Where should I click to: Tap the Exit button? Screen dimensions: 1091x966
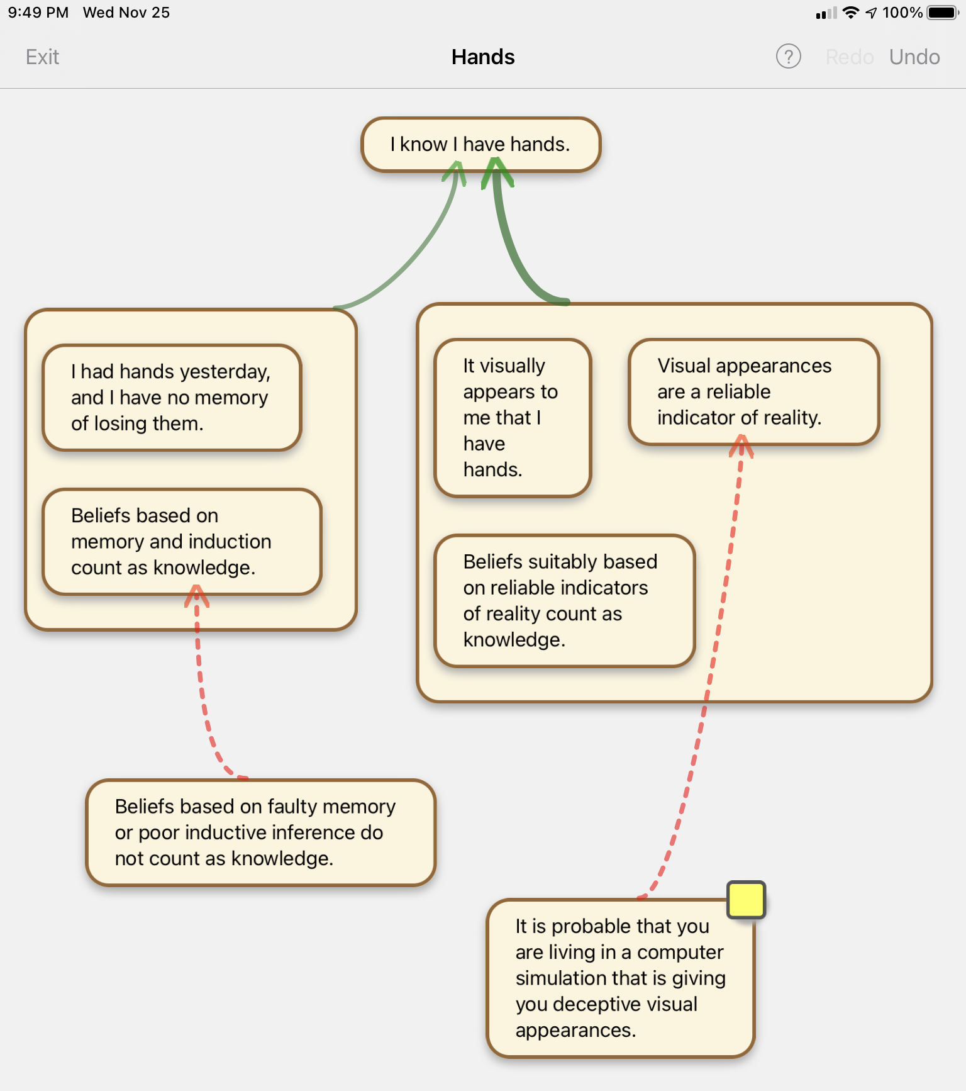[x=42, y=57]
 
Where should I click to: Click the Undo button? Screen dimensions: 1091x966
[x=914, y=57]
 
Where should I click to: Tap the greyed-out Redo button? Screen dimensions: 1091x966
[x=849, y=57]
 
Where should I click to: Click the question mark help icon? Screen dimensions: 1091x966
[x=788, y=57]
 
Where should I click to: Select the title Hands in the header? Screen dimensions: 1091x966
[x=483, y=57]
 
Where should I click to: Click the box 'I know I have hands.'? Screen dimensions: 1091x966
[x=480, y=144]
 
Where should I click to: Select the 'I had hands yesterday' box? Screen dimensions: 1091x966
[x=171, y=398]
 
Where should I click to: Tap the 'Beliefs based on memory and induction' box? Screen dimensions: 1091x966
[x=181, y=542]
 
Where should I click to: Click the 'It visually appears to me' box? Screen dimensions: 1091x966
[x=512, y=418]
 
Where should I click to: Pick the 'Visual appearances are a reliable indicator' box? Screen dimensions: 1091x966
[x=753, y=391]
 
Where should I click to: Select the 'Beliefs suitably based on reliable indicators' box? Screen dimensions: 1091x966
[x=564, y=600]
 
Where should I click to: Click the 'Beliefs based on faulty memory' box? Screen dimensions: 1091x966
[x=260, y=832]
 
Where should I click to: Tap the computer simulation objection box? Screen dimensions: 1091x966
[x=619, y=978]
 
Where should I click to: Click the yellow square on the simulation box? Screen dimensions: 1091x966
[x=746, y=900]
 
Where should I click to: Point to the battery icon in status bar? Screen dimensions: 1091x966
[x=942, y=13]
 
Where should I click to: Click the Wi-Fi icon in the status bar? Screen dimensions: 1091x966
[x=850, y=13]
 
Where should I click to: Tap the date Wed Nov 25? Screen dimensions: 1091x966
[x=126, y=13]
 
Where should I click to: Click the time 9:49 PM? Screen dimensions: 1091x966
[x=38, y=13]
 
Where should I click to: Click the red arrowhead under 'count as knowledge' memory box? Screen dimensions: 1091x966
[x=196, y=595]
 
